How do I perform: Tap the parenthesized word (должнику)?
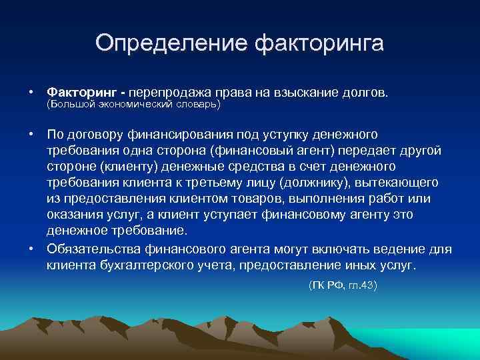click(317, 182)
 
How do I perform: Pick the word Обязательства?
click(93, 249)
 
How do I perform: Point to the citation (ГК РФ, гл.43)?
click(342, 285)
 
